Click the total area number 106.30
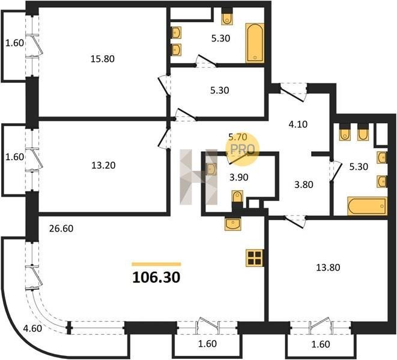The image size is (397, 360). click(x=156, y=277)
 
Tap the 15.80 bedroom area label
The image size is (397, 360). click(x=103, y=59)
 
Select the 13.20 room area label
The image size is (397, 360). click(x=103, y=166)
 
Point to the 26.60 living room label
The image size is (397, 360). click(x=61, y=229)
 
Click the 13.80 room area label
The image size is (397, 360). click(x=328, y=267)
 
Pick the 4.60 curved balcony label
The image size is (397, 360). click(x=32, y=328)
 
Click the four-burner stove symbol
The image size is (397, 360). click(x=255, y=258)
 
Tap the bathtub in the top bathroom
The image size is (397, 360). click(x=255, y=43)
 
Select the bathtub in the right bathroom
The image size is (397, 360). click(x=368, y=206)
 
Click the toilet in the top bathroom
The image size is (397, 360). click(x=227, y=19)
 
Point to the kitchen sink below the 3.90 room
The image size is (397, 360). click(x=232, y=224)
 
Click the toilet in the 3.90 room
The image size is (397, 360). click(x=237, y=197)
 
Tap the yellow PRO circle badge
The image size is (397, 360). click(x=242, y=149)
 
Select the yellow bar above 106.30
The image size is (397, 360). click(x=156, y=265)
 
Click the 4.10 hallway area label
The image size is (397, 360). click(x=298, y=124)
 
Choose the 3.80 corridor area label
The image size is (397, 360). click(x=303, y=185)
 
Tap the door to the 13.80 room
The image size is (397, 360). click(x=295, y=221)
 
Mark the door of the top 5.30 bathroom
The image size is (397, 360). click(x=206, y=61)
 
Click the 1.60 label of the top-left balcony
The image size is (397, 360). click(x=14, y=43)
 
